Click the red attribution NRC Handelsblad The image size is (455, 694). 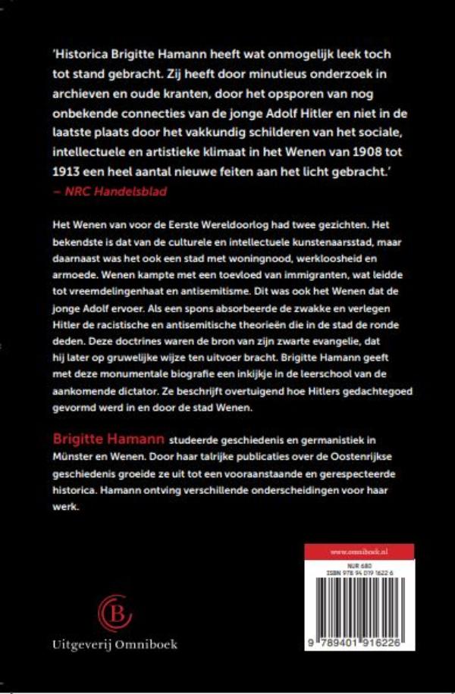(110, 191)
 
